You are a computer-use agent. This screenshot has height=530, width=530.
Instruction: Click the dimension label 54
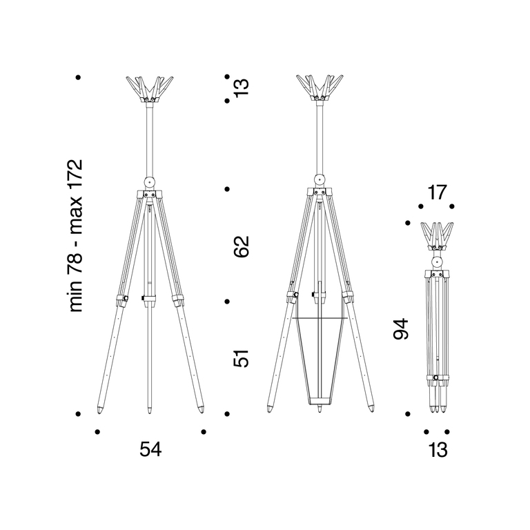[150, 449]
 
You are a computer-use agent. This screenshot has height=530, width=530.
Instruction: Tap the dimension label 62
[242, 247]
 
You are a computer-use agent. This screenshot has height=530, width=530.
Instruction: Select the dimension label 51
[242, 358]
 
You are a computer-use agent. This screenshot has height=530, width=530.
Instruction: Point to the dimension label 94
[401, 328]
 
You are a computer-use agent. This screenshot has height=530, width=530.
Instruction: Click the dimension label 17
[437, 193]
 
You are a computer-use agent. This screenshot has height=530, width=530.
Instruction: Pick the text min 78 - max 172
[75, 235]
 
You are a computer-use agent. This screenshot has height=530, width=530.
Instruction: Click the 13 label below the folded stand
[438, 450]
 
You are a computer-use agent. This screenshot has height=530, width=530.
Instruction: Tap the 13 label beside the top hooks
[242, 88]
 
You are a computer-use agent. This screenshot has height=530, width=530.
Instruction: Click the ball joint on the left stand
[149, 182]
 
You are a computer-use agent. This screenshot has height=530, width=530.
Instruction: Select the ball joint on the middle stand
[320, 179]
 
